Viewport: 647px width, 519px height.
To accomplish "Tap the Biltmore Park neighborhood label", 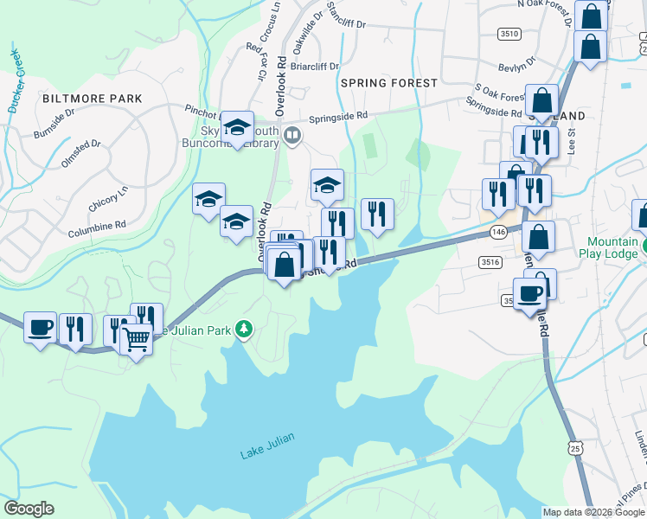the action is click(x=92, y=99).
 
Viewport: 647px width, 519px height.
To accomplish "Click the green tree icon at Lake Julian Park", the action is click(x=245, y=329).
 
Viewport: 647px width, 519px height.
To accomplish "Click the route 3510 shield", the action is click(x=509, y=34).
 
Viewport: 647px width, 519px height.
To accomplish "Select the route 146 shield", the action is click(x=496, y=232).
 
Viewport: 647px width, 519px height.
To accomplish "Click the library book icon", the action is click(x=292, y=134).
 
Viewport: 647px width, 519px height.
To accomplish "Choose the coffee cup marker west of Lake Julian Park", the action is click(x=40, y=327).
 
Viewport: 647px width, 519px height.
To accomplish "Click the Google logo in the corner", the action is click(x=28, y=508).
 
